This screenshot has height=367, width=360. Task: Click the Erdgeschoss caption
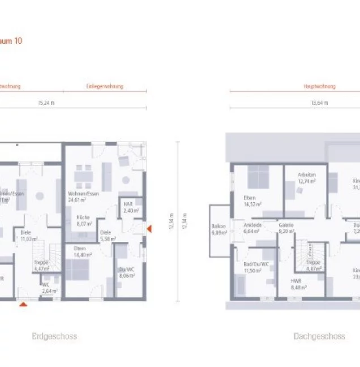[x=54, y=336]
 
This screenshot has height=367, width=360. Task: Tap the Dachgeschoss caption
[x=319, y=336]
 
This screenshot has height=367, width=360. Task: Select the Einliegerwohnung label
[x=105, y=87]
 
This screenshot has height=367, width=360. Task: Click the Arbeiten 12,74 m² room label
[x=307, y=178]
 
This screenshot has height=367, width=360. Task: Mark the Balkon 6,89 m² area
[x=218, y=229]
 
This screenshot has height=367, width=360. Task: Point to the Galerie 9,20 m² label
[x=286, y=228]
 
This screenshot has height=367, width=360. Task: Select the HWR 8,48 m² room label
[x=298, y=284]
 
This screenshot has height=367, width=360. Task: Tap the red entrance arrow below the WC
[x=23, y=305]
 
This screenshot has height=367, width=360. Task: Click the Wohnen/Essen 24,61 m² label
[x=83, y=197]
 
